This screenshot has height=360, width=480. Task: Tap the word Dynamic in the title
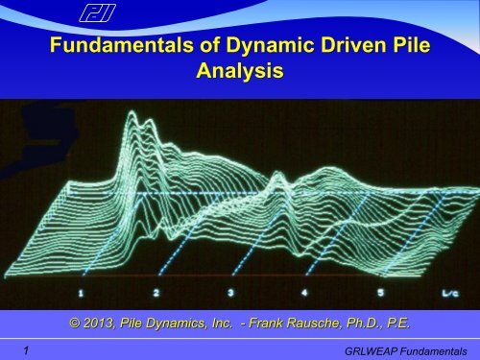pyautogui.click(x=238, y=49)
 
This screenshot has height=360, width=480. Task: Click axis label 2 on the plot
pyautogui.click(x=156, y=290)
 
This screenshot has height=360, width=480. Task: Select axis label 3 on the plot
pyautogui.click(x=230, y=290)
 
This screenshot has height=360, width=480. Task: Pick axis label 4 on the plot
pyautogui.click(x=305, y=290)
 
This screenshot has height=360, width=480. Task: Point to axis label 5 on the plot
pyautogui.click(x=380, y=290)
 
